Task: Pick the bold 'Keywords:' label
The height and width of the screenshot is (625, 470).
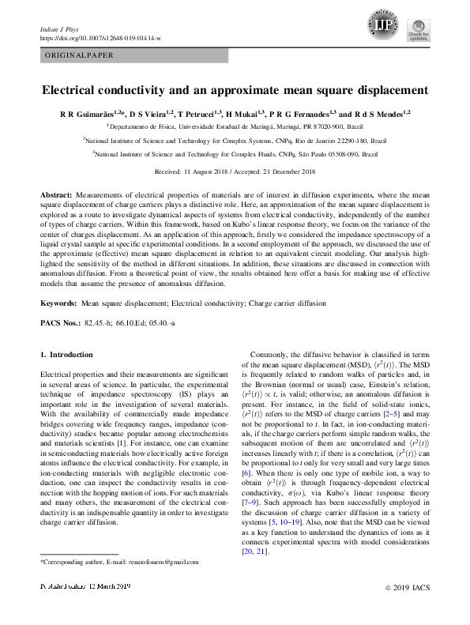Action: [x=59, y=303]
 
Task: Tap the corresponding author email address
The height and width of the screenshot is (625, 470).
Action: [x=158, y=562]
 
